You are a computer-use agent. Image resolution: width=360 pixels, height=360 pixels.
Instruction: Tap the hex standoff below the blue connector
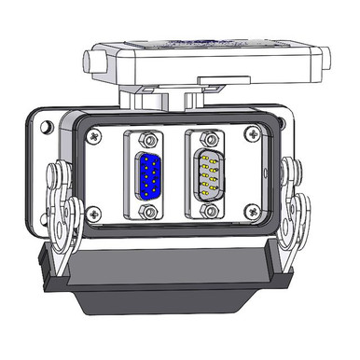click(x=148, y=212)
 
